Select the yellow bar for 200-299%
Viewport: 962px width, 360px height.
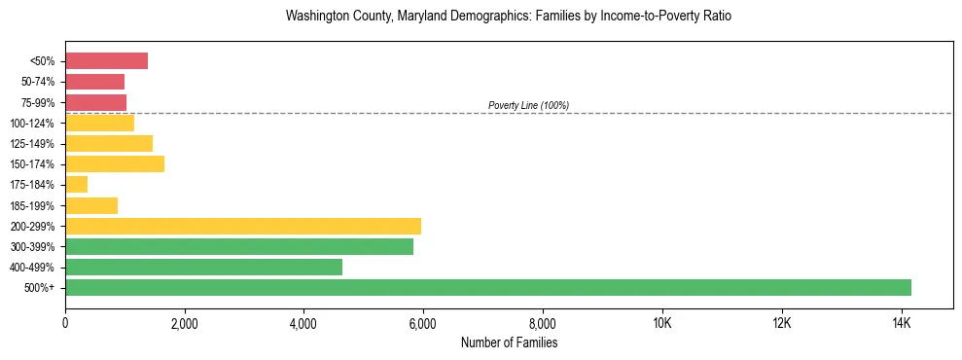243,226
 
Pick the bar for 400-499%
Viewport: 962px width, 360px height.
203,268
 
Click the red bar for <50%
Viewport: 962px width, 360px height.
106,61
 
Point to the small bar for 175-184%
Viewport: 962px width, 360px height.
76,185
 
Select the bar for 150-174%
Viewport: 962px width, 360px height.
115,164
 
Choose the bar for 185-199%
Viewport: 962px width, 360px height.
91,205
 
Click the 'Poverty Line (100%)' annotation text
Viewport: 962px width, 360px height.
528,105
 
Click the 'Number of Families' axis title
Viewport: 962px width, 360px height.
509,342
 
